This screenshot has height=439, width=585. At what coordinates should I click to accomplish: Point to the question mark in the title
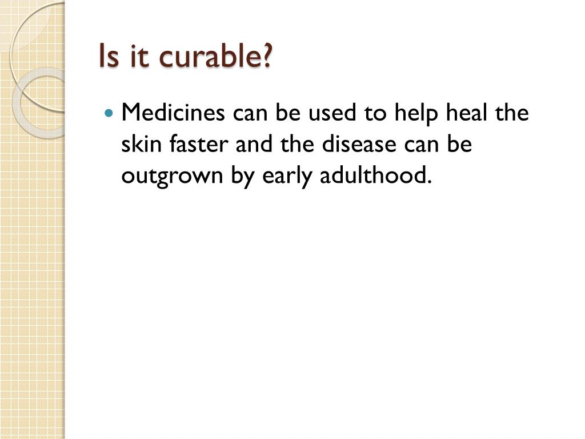coord(267,57)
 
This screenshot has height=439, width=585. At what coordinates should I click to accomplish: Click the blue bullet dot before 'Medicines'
coord(110,113)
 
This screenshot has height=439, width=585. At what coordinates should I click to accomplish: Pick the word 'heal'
coord(468,113)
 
